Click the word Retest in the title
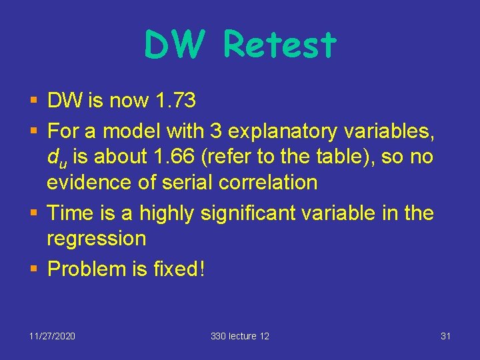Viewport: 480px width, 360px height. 280,45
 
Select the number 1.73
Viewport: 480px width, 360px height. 175,101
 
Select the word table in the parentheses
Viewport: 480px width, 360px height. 371,157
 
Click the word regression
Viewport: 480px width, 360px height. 96,238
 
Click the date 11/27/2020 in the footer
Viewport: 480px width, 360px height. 52,336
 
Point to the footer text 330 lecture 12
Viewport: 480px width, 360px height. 240,336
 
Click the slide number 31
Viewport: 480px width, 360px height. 446,336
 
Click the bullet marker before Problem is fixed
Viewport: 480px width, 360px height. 35,269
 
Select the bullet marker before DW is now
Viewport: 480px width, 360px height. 35,101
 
